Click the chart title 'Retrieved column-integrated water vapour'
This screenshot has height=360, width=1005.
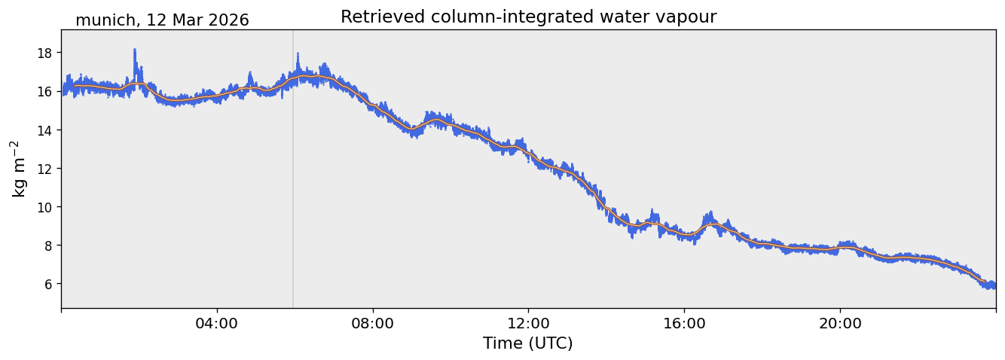pos(529,17)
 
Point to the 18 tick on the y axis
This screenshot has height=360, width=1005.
pos(45,53)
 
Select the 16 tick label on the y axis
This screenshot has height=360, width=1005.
pos(45,91)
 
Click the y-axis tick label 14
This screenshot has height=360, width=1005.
pos(45,130)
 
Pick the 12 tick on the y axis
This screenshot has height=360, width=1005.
pos(45,169)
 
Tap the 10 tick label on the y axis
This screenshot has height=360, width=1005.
pos(45,207)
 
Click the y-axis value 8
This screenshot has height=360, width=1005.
pos(48,246)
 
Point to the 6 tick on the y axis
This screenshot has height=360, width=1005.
pos(48,284)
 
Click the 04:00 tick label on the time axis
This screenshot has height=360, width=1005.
pos(217,323)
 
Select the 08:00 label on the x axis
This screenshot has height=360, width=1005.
pos(372,323)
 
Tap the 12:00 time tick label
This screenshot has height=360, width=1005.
pos(528,323)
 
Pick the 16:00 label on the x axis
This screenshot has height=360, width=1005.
pos(684,323)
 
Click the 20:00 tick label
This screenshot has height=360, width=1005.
pos(840,323)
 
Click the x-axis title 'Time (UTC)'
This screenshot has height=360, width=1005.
pos(527,343)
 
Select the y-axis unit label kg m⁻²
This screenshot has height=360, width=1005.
pos(19,169)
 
